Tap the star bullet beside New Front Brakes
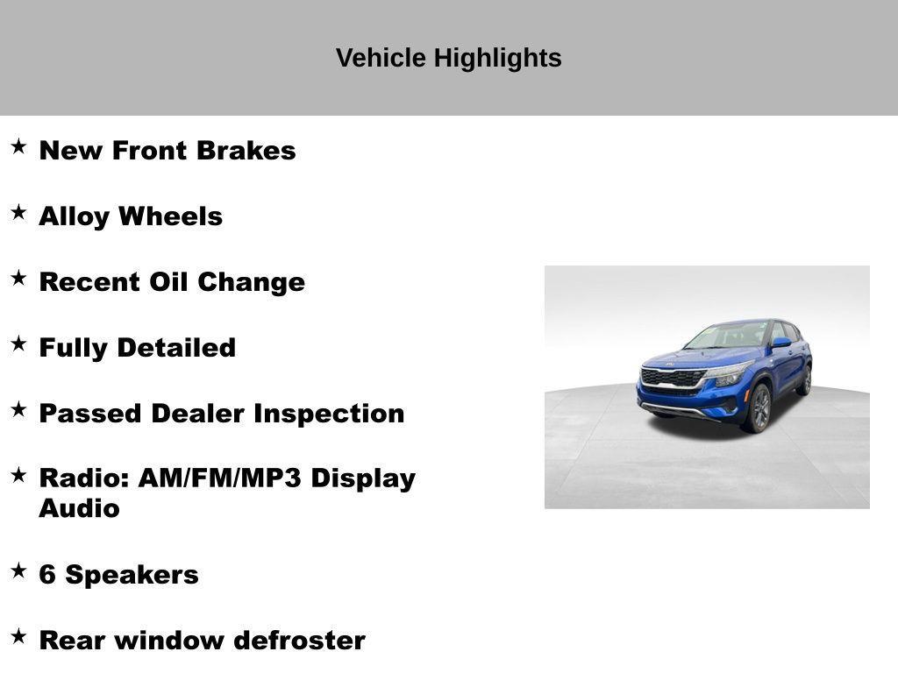pyautogui.click(x=18, y=146)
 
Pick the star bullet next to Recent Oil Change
pyautogui.click(x=18, y=278)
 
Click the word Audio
pyautogui.click(x=79, y=508)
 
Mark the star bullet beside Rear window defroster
pyautogui.click(x=18, y=636)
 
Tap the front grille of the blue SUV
pyautogui.click(x=673, y=378)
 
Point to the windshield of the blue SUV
pyautogui.click(x=729, y=335)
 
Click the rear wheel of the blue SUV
pyautogui.click(x=805, y=380)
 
